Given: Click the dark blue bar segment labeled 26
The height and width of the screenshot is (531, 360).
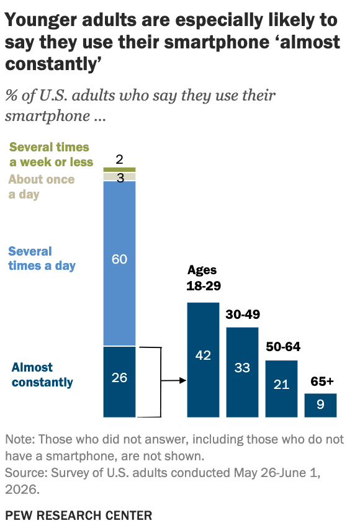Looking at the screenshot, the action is [x=119, y=382].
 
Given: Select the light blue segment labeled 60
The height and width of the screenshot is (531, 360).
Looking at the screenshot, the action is [x=119, y=264].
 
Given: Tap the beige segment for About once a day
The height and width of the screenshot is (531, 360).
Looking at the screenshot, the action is [x=119, y=177].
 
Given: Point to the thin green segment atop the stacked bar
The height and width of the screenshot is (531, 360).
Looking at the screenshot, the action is [x=119, y=169].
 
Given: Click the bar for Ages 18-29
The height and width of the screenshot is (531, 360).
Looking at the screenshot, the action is [x=203, y=360].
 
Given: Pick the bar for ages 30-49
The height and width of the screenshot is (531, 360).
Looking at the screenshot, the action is [x=242, y=372].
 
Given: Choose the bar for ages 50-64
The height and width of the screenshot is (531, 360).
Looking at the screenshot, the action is [x=281, y=389].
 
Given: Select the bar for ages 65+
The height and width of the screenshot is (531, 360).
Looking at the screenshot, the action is [x=320, y=405].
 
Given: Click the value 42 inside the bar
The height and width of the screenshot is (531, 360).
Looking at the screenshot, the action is [x=203, y=355].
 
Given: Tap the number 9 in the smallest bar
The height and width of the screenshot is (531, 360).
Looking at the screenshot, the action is [x=320, y=404].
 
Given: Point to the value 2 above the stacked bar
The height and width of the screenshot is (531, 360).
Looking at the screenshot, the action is [x=119, y=159].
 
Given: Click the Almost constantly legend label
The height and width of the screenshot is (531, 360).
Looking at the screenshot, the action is [x=42, y=375].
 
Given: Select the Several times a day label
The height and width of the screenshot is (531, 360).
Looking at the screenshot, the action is [x=42, y=259].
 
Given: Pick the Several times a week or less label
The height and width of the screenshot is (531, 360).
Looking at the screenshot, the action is [x=51, y=154].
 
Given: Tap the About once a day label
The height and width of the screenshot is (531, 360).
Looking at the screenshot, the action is [x=42, y=187].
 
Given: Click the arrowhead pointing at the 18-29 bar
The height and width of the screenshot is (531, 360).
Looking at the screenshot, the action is [x=183, y=380].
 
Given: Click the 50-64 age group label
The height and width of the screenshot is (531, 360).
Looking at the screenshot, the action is [x=283, y=346].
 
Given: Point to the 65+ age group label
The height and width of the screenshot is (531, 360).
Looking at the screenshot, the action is [x=322, y=382].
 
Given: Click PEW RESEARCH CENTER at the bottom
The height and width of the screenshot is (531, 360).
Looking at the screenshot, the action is [x=79, y=515].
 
